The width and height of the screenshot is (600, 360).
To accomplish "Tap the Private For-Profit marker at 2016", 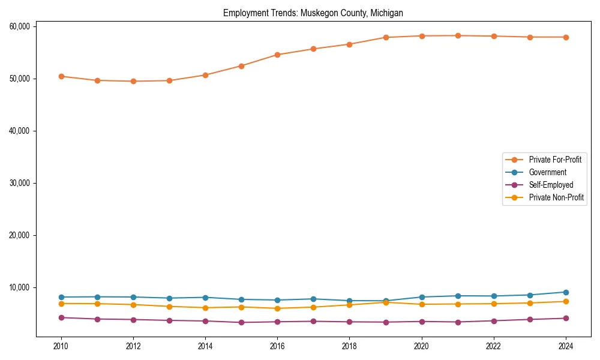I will pyautogui.click(x=277, y=55).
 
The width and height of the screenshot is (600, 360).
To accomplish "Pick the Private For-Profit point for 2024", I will pyautogui.click(x=566, y=37).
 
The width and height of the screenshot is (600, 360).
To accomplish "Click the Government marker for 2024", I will pyautogui.click(x=566, y=292).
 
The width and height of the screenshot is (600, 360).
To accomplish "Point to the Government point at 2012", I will pyautogui.click(x=133, y=297).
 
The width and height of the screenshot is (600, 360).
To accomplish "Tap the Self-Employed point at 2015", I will pyautogui.click(x=241, y=322).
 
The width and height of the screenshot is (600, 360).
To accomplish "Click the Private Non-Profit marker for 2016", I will pyautogui.click(x=277, y=308).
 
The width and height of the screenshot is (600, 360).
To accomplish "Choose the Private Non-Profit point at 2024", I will pyautogui.click(x=566, y=301).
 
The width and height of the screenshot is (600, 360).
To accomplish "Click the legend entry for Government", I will pyautogui.click(x=547, y=172).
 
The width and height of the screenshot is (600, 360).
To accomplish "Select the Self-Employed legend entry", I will pyautogui.click(x=551, y=185).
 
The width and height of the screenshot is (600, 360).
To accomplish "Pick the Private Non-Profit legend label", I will pyautogui.click(x=556, y=197).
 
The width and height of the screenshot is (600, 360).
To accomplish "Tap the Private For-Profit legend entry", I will pyautogui.click(x=555, y=160).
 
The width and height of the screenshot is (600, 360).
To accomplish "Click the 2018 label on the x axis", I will pyautogui.click(x=349, y=346).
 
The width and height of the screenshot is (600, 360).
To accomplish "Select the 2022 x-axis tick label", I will pyautogui.click(x=493, y=346).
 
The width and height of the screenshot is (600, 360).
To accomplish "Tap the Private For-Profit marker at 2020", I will pyautogui.click(x=422, y=36).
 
